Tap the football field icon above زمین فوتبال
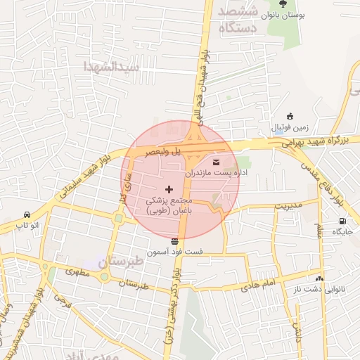[x=290, y=116]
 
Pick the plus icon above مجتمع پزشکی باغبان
[x=168, y=189]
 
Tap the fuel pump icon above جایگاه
[x=341, y=221]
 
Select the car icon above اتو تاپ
[x=27, y=214]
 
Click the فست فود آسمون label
[x=175, y=251]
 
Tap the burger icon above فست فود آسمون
[x=175, y=241]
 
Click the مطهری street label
[x=79, y=271]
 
